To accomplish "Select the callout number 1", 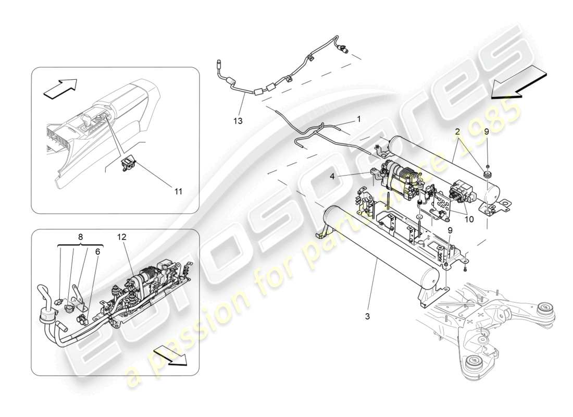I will [x=358, y=119].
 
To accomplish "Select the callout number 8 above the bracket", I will [x=80, y=236].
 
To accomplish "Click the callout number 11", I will [x=178, y=191].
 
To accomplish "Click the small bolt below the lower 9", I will [x=464, y=269].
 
